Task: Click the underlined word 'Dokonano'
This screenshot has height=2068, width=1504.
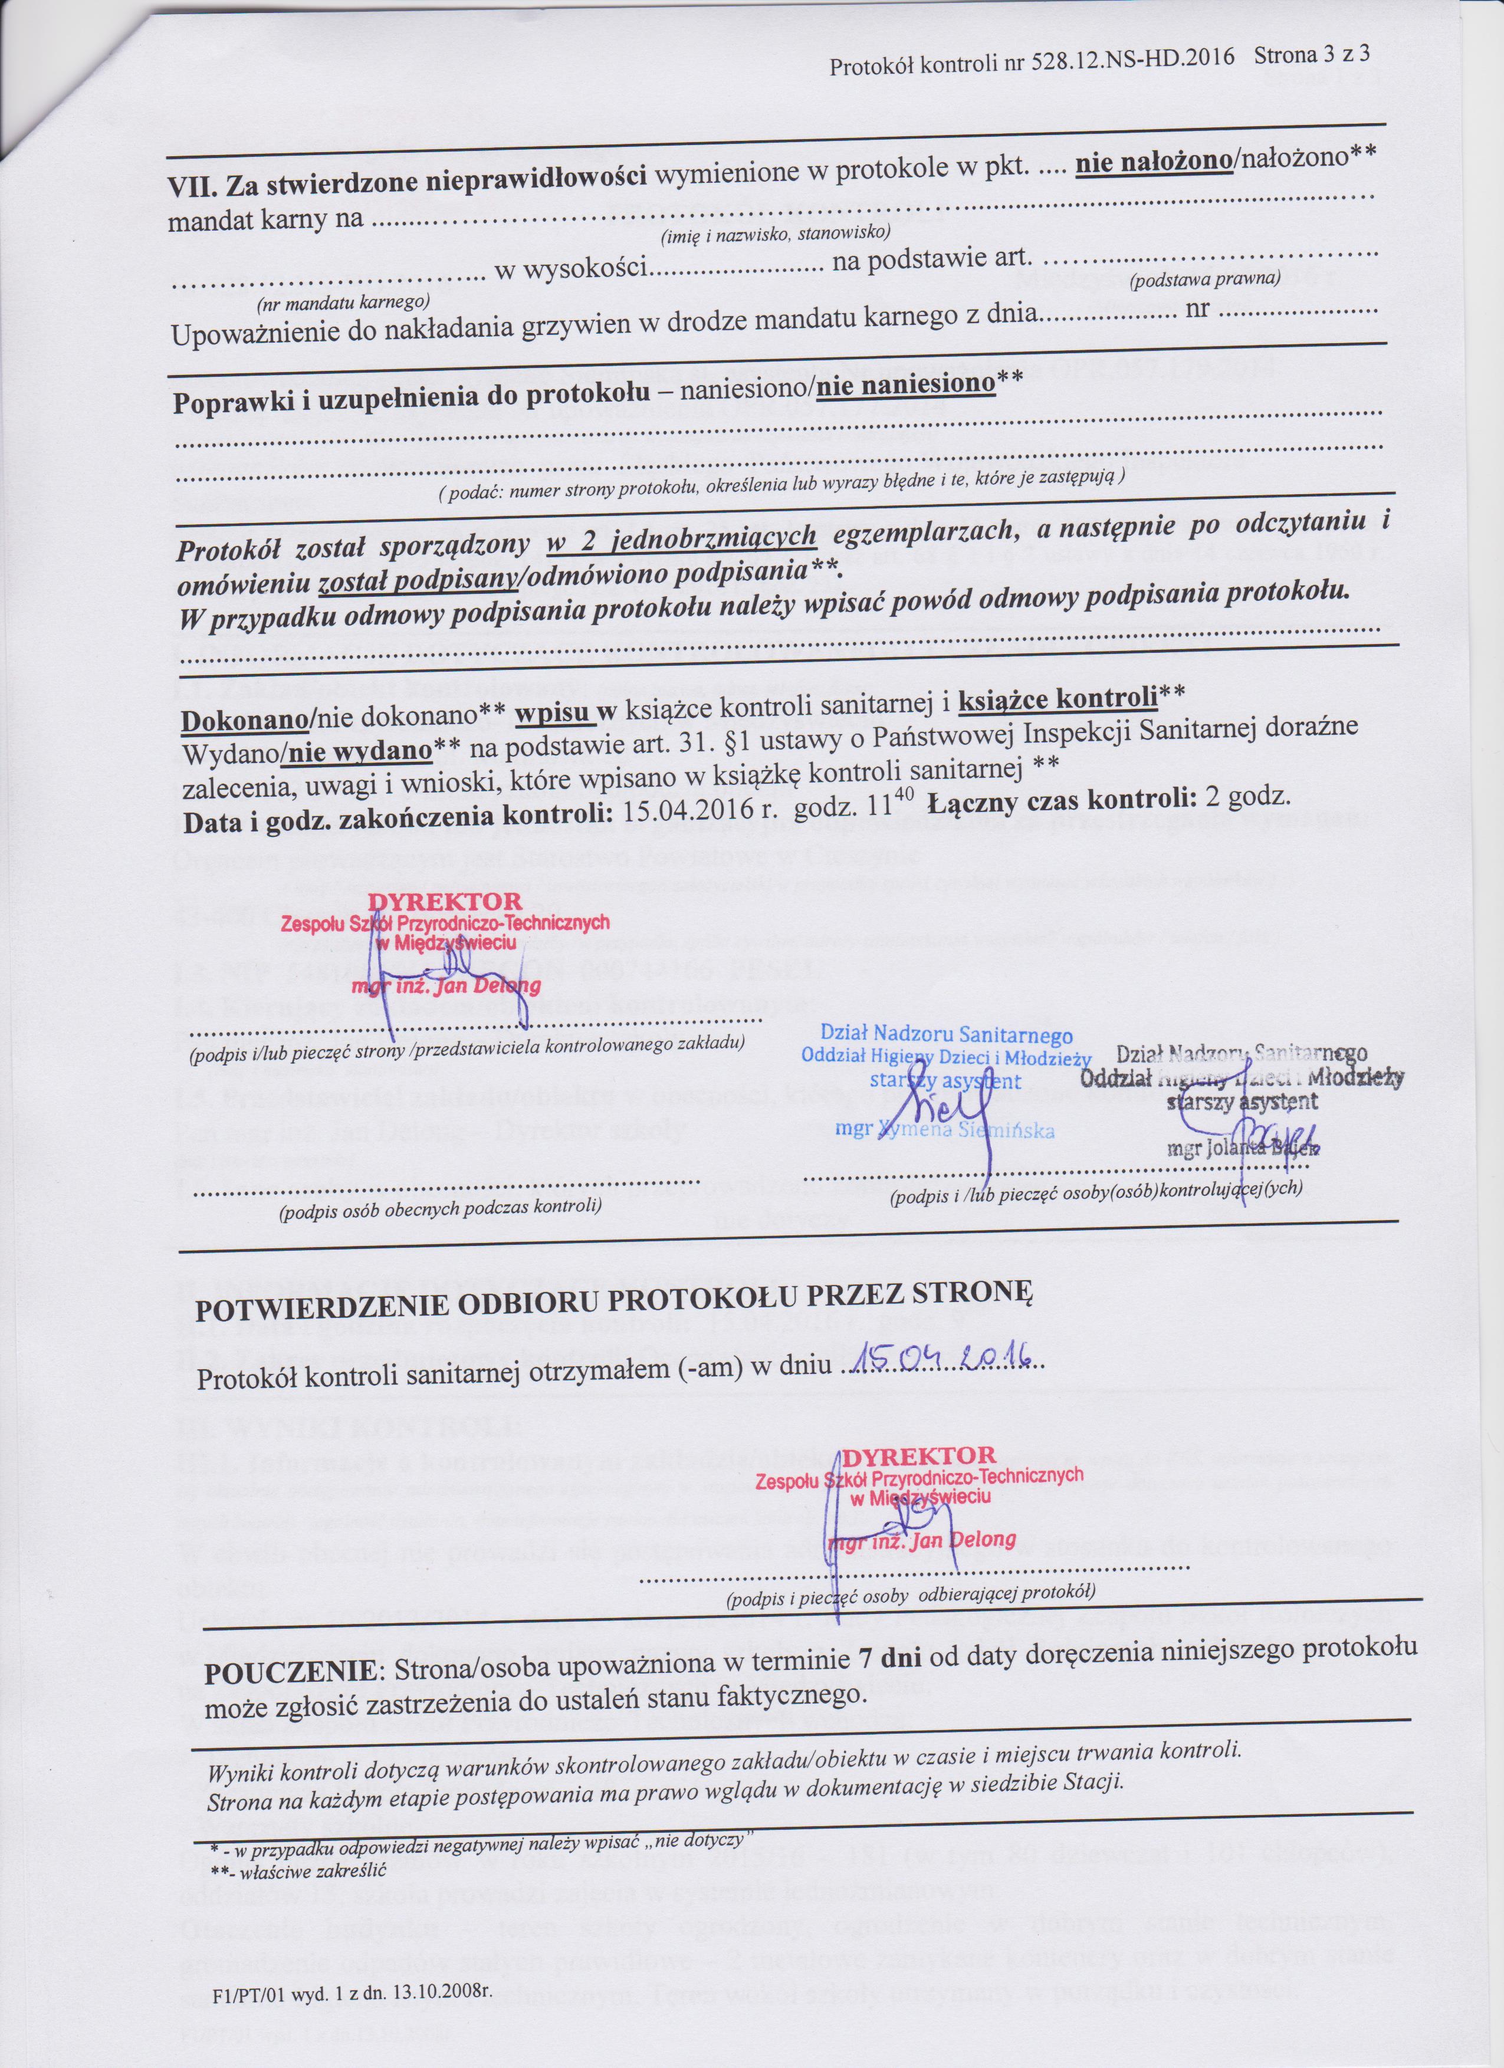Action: [244, 719]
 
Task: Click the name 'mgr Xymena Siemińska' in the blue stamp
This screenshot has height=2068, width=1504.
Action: [945, 1130]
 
